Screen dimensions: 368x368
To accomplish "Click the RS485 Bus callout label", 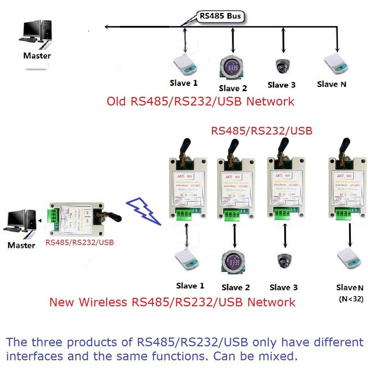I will coord(220,17).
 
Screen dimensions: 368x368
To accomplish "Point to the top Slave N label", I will coord(332,84).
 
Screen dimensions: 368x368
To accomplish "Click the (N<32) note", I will coord(351,299).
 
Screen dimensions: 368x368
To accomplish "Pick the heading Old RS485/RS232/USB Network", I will coord(201,101).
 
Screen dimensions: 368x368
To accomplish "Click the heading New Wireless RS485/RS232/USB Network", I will coord(172,302).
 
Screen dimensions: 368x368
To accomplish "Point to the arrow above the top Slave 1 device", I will coord(185,41).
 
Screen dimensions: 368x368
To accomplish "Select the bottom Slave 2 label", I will coord(235,287).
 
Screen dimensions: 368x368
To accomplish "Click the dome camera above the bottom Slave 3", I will coord(284,261).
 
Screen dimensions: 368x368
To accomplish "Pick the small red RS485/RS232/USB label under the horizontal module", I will coord(79,243).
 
